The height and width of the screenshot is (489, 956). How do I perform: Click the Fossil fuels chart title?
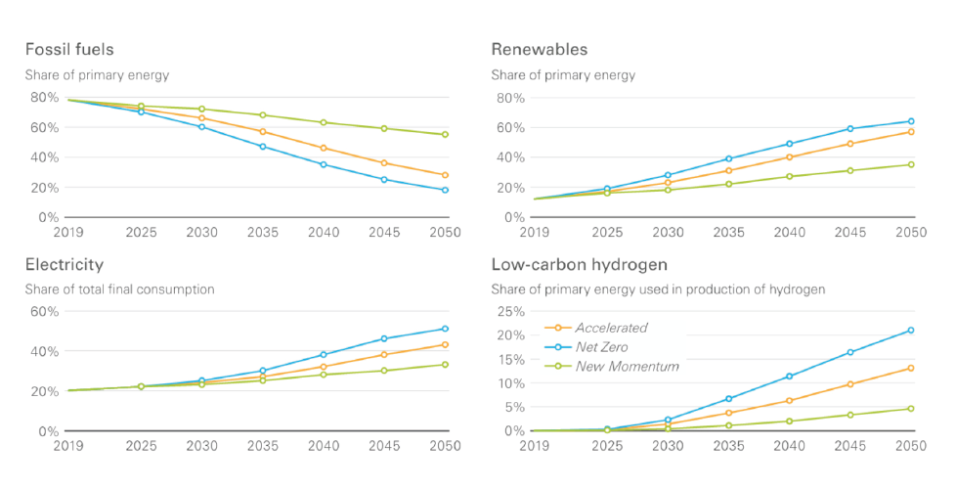pos(69,49)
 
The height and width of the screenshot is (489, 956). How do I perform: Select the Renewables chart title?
pos(540,49)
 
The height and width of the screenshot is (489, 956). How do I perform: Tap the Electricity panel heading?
pos(64,265)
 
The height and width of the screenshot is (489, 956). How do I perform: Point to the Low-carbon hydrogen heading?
pos(580,265)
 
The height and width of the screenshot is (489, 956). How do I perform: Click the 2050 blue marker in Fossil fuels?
pos(445,191)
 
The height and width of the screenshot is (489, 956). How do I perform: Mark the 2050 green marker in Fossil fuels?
pos(445,135)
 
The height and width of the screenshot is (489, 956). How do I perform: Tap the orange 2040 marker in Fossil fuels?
pos(324,148)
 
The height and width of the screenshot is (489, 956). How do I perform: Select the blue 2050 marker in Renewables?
pos(911,121)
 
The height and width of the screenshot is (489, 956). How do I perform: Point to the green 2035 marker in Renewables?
pos(728,184)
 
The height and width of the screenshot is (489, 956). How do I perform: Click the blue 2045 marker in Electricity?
pos(384,338)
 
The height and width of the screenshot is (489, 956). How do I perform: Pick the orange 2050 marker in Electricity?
pos(445,345)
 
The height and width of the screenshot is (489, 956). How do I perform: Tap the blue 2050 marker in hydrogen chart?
pos(911,331)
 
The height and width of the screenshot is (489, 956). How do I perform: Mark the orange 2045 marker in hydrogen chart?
pos(849,384)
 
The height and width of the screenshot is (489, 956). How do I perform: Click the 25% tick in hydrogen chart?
pos(511,312)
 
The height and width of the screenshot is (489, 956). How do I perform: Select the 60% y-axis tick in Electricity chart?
pos(45,312)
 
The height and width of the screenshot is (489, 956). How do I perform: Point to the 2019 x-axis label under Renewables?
pos(534,233)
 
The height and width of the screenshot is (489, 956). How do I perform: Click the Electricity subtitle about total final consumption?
pos(119,289)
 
